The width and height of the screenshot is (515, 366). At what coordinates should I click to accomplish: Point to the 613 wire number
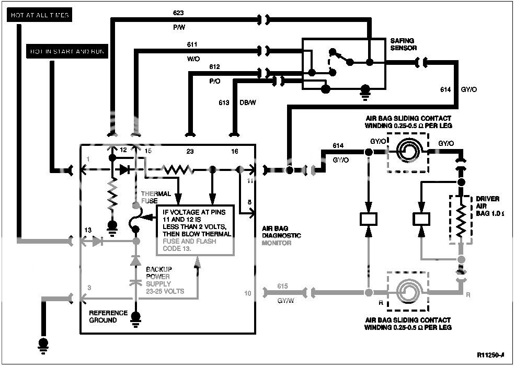[x=224, y=103]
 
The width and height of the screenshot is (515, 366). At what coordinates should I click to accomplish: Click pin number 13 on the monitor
[x=88, y=231]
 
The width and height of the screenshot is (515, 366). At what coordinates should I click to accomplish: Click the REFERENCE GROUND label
[x=108, y=316]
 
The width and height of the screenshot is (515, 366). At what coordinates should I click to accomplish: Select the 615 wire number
[x=282, y=287]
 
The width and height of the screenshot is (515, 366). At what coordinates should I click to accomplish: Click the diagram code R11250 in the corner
[x=490, y=355]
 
